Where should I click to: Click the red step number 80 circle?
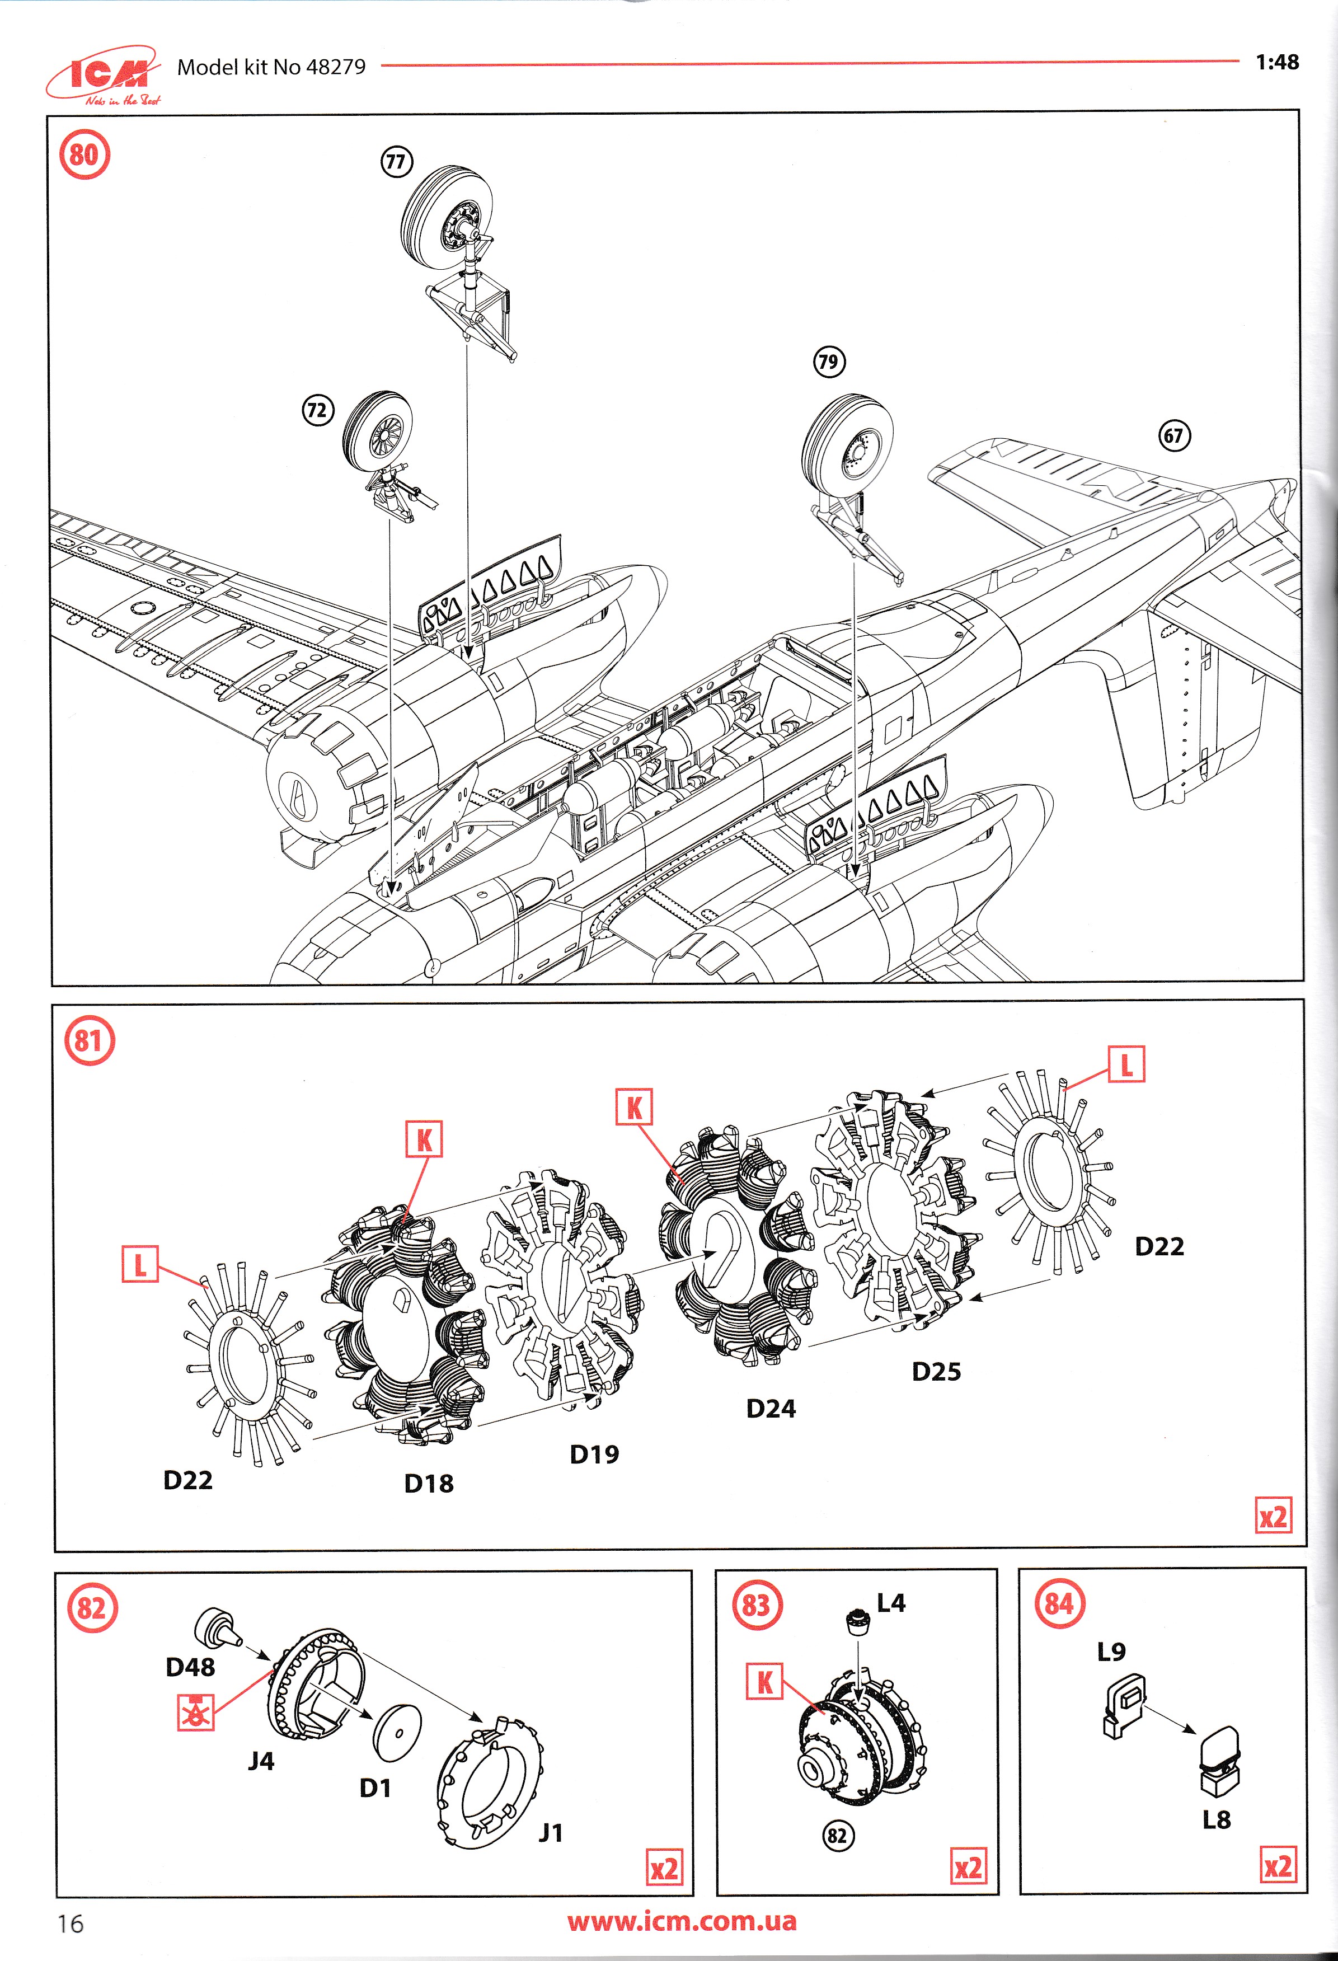(x=84, y=154)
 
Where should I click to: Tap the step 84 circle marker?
(x=1060, y=1604)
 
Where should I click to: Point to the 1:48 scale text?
(x=1276, y=63)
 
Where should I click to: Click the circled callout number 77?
(x=396, y=161)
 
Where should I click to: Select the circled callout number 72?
(x=317, y=411)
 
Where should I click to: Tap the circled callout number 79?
(x=828, y=362)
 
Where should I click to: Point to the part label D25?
(x=936, y=1371)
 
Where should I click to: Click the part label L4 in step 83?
(x=891, y=1602)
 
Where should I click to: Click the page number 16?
(x=71, y=1923)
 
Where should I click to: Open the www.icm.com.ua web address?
(x=682, y=1921)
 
